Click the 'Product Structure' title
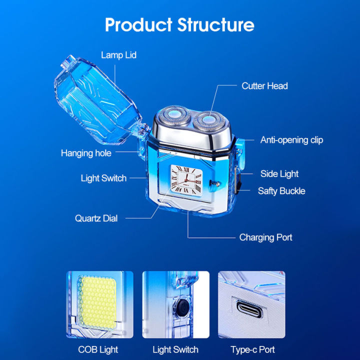(179, 24)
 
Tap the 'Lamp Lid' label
(118, 55)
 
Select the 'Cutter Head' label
(264, 86)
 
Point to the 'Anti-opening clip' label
(291, 140)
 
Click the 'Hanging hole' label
(86, 153)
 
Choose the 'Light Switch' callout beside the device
(103, 178)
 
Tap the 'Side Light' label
(279, 174)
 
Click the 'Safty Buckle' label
(281, 191)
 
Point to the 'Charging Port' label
(265, 237)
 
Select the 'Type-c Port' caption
(252, 349)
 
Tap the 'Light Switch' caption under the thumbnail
(175, 349)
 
